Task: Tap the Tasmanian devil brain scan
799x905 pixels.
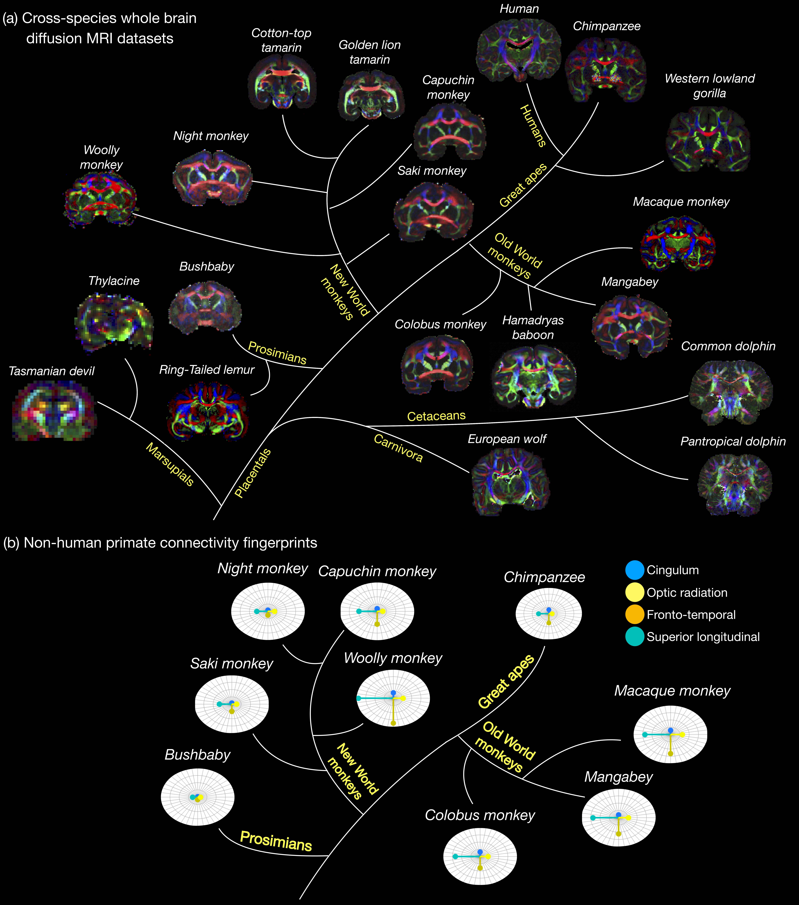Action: [x=54, y=412]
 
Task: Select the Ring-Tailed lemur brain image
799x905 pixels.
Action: [x=207, y=411]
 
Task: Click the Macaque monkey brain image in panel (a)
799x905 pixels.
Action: [x=678, y=243]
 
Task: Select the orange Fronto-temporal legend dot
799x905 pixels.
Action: [x=634, y=615]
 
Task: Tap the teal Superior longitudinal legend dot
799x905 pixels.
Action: [x=634, y=637]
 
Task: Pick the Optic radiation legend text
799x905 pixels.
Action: [x=687, y=592]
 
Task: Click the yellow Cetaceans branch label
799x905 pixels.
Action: [x=436, y=416]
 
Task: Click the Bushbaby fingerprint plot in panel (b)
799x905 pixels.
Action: [x=198, y=797]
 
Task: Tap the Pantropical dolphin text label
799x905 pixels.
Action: [x=733, y=441]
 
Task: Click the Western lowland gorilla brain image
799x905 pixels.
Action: [x=708, y=142]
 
